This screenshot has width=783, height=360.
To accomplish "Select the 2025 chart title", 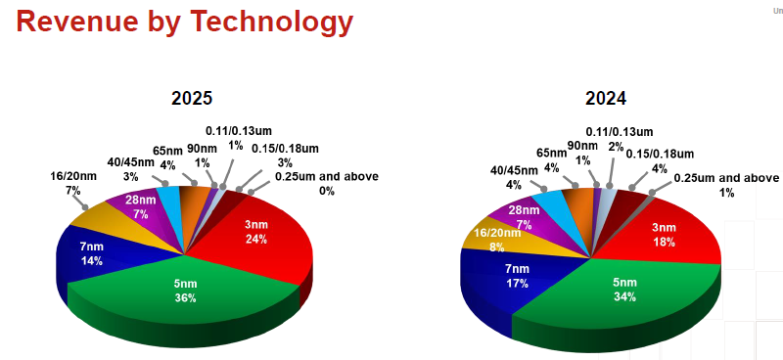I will click(192, 99).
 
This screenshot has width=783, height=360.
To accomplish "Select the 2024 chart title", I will click(606, 99).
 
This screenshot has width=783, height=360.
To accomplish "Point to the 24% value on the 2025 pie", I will click(257, 239).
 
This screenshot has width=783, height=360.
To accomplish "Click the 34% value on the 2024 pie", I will click(624, 298).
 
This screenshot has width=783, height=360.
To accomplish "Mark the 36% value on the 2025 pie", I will click(186, 297).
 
